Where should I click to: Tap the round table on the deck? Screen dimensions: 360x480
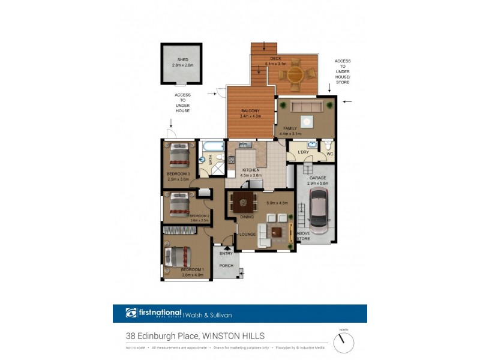(x=296, y=76)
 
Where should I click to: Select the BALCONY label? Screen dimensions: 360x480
(x=250, y=111)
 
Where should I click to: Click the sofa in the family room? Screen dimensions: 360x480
(x=307, y=107)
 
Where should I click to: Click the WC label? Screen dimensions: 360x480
(x=329, y=154)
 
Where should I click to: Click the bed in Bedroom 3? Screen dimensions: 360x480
(x=178, y=155)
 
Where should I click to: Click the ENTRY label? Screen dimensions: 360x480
(x=226, y=253)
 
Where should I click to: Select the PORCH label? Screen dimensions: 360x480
(x=226, y=266)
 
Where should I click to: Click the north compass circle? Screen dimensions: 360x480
(x=344, y=343)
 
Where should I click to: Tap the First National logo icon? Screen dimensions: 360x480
(x=131, y=313)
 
